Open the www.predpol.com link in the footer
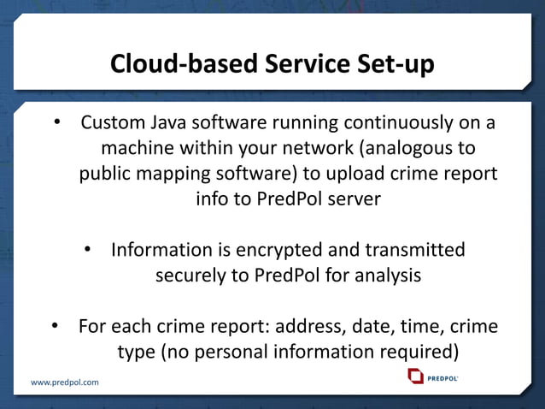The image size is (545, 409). tap(65, 382)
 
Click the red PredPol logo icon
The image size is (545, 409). tap(416, 376)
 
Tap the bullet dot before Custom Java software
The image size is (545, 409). tap(58, 122)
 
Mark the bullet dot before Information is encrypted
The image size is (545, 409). tap(88, 250)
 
